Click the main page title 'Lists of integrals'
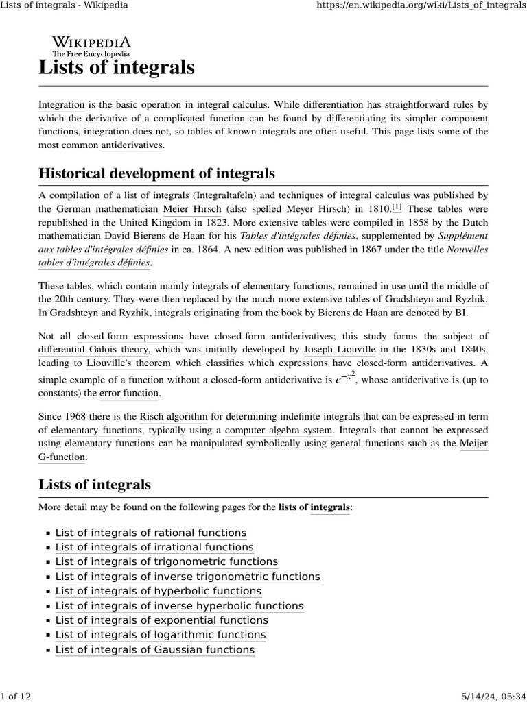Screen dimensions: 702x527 click(117, 68)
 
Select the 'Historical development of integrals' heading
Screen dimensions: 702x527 click(156, 173)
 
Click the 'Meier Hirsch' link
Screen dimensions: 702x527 click(192, 208)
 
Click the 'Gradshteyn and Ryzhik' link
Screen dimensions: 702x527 click(434, 299)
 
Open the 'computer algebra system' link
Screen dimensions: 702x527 click(279, 430)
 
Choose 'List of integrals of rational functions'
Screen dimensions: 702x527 click(150, 533)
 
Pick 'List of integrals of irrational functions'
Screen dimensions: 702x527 click(154, 547)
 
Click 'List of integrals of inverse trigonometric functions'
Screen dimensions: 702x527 click(187, 577)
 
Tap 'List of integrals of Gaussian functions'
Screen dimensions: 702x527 click(154, 650)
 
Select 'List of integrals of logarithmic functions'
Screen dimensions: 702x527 click(160, 635)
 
